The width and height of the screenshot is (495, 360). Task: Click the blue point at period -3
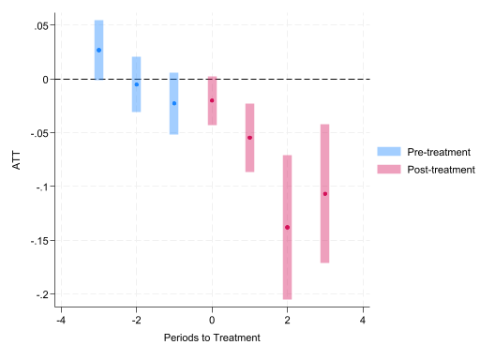[x=98, y=51]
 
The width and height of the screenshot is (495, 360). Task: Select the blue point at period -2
[x=137, y=84]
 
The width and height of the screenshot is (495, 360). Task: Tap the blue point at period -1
[x=174, y=103]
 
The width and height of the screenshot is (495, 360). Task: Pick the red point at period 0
[x=212, y=100]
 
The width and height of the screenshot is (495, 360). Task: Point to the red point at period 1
[x=249, y=138]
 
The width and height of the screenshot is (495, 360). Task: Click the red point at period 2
[x=287, y=228]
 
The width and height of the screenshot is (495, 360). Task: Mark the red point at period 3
[x=325, y=194]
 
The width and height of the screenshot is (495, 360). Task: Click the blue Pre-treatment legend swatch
[x=389, y=152]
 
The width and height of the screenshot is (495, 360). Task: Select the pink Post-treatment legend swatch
[x=389, y=170]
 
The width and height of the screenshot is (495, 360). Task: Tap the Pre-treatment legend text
[x=439, y=152]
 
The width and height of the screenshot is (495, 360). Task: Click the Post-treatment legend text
[x=441, y=170]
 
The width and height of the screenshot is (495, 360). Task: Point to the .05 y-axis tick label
[x=41, y=26]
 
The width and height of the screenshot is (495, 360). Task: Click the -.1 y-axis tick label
[x=42, y=187]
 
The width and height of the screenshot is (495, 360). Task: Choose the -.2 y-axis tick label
[x=42, y=294]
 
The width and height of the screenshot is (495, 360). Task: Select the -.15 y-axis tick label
[x=39, y=241]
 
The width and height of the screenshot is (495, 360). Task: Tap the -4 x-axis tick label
[x=61, y=321]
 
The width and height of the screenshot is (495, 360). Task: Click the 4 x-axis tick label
[x=363, y=321]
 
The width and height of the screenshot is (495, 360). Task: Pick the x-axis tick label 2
[x=287, y=321]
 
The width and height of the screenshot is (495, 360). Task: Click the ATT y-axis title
[x=17, y=160]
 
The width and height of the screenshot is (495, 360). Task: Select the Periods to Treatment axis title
[x=212, y=337]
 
